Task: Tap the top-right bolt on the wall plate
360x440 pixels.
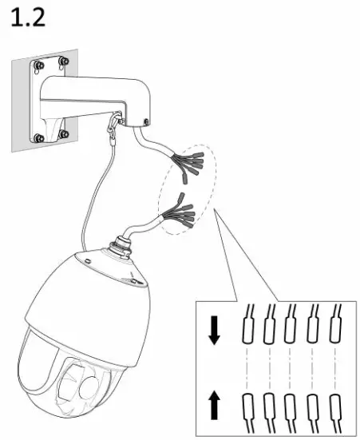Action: (64, 61)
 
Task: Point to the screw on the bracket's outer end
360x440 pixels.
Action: (146, 122)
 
